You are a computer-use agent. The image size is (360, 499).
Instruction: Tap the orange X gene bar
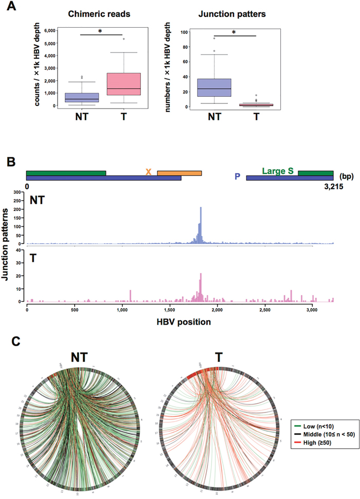[x=179, y=173]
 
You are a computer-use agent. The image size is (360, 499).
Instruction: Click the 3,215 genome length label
[x=323, y=187]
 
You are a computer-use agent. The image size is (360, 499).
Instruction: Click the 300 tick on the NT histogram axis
[x=17, y=192]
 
